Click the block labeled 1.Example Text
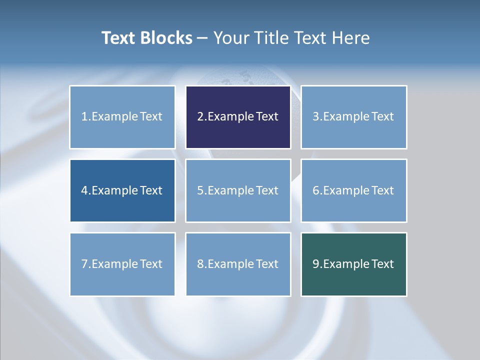[122, 117]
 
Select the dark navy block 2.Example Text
[238, 117]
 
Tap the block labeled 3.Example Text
[353, 117]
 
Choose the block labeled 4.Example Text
[122, 190]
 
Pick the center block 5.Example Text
[238, 190]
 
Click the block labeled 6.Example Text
[353, 190]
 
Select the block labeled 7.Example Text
[122, 264]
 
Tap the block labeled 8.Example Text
[238, 264]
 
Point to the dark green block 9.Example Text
[353, 264]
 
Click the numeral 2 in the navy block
[200, 117]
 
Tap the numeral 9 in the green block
[316, 264]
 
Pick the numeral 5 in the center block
[200, 190]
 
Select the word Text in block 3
[383, 117]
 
